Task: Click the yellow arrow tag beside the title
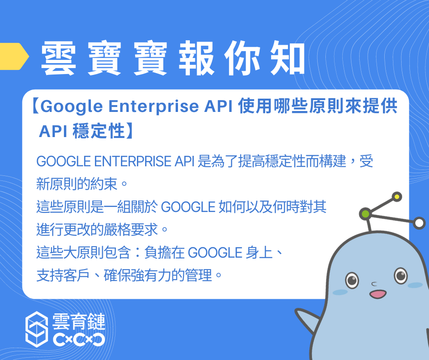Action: point(14,56)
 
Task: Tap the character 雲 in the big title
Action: point(58,58)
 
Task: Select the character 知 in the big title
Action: point(287,58)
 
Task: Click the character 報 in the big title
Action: point(196,58)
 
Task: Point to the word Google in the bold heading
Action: point(72,106)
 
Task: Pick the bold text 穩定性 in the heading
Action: point(99,131)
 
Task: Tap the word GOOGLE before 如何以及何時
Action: point(188,207)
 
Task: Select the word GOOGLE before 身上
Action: point(215,253)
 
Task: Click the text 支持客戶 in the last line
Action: point(63,275)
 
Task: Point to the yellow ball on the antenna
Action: point(397,197)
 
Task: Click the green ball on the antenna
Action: point(365,214)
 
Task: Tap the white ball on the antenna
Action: point(419,223)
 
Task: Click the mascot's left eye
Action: point(352,280)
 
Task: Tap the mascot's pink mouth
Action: point(378,294)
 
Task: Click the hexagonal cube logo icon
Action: point(37,329)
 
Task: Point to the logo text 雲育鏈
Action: point(78,322)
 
